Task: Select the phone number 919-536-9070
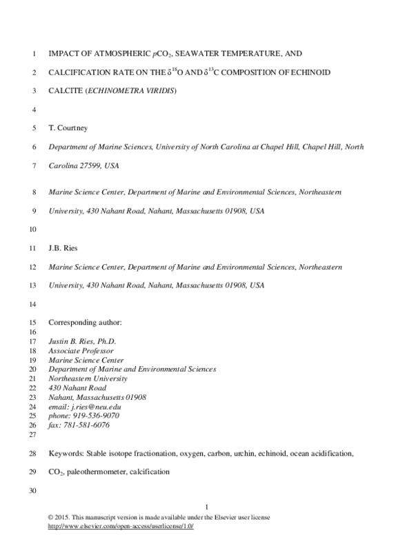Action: [94, 416]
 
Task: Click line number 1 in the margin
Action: [33, 52]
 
